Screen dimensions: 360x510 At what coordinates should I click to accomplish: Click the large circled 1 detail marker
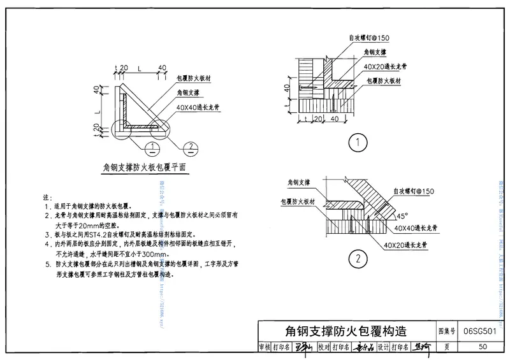tap(360, 141)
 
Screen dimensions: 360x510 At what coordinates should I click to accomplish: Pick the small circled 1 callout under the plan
tap(151, 148)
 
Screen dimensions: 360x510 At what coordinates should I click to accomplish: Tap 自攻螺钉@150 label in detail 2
tap(413, 191)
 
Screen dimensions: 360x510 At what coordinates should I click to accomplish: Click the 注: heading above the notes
tap(46, 199)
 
